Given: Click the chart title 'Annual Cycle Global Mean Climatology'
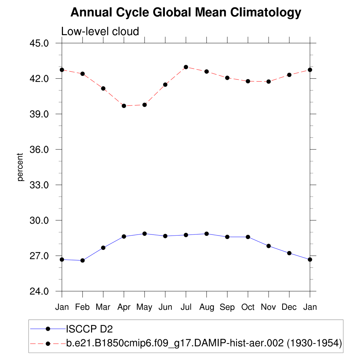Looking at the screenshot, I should click(x=186, y=13).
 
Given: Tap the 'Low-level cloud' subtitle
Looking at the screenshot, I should click(x=100, y=31).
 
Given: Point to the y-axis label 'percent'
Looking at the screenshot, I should click(x=20, y=167).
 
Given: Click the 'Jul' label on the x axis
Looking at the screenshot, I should click(x=186, y=307).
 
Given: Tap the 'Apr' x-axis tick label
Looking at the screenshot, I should click(x=124, y=307).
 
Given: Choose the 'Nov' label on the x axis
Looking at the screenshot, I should click(x=269, y=307).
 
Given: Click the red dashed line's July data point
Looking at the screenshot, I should click(x=186, y=67).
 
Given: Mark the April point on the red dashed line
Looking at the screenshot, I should click(x=124, y=106).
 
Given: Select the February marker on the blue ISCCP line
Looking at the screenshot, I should click(x=83, y=261).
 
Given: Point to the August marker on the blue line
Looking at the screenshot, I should click(x=207, y=234).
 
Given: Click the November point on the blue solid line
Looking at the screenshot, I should click(x=269, y=246).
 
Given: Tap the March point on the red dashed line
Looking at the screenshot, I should click(x=103, y=89).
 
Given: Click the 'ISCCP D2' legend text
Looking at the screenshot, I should click(x=89, y=329).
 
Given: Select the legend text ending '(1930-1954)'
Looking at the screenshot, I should click(x=204, y=343).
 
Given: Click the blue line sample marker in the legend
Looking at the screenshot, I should click(x=48, y=329).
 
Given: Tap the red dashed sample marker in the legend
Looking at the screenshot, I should click(x=48, y=343).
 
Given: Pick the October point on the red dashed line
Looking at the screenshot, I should click(x=248, y=81).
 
